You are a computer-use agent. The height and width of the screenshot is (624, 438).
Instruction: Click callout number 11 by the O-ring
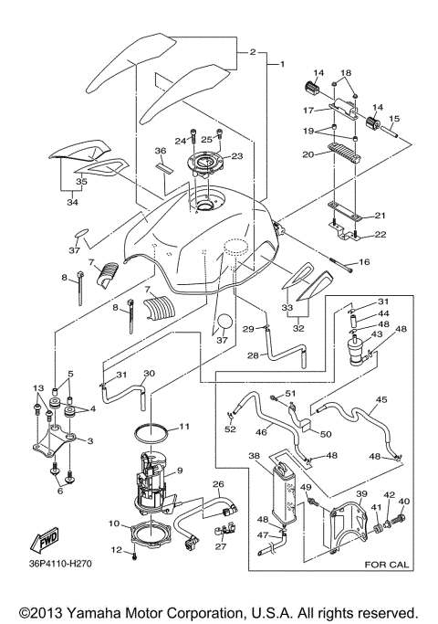(183, 427)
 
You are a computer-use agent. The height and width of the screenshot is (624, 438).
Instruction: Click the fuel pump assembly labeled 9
(159, 480)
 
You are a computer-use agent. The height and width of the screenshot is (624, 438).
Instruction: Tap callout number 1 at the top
(282, 64)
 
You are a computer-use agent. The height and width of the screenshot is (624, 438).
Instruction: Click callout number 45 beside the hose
(381, 399)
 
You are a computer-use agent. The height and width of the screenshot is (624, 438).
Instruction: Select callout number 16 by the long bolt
(363, 262)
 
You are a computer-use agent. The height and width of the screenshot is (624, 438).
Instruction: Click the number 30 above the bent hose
(150, 373)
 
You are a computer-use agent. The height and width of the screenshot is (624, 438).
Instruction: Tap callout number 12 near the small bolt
(116, 549)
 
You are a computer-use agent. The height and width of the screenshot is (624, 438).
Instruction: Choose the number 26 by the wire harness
(218, 484)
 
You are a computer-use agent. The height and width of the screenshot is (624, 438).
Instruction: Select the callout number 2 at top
(252, 53)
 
